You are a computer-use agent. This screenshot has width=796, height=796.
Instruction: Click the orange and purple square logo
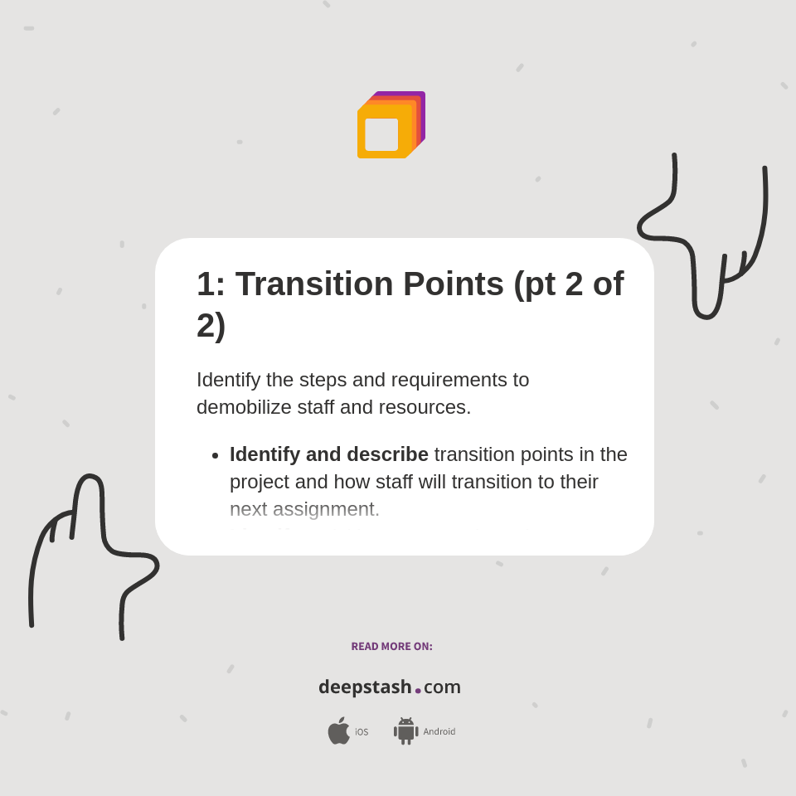click(x=391, y=124)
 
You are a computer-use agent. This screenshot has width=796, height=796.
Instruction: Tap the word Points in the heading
click(x=454, y=284)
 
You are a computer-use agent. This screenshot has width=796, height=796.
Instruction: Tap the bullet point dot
click(x=216, y=456)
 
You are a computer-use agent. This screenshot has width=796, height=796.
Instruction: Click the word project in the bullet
click(x=260, y=482)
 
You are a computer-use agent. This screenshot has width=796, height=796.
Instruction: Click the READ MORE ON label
click(x=391, y=647)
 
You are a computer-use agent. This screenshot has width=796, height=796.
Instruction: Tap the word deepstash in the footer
click(x=365, y=687)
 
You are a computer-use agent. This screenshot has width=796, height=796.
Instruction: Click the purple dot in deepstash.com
click(x=418, y=691)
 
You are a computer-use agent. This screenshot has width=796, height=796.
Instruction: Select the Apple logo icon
click(x=338, y=730)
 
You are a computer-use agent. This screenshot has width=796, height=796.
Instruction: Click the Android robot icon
click(x=405, y=730)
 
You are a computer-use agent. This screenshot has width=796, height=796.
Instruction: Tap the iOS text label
click(x=362, y=732)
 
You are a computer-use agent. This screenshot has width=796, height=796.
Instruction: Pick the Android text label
click(x=439, y=732)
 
